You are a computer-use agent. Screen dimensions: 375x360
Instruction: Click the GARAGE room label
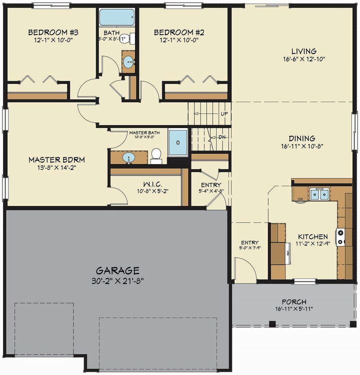click(118, 270)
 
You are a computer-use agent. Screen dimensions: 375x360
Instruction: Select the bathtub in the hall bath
click(114, 17)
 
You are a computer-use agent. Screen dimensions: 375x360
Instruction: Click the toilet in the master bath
click(156, 155)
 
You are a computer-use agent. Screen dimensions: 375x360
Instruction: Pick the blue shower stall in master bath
click(177, 142)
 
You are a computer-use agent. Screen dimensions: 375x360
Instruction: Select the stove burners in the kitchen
click(340, 236)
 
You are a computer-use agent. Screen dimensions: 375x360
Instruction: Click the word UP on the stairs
click(224, 114)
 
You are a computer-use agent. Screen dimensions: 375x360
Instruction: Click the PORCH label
click(294, 302)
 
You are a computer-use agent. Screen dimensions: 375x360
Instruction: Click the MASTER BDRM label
click(56, 160)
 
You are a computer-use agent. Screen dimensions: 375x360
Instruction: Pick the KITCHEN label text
click(313, 236)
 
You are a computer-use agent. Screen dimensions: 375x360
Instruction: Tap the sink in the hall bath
click(128, 63)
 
